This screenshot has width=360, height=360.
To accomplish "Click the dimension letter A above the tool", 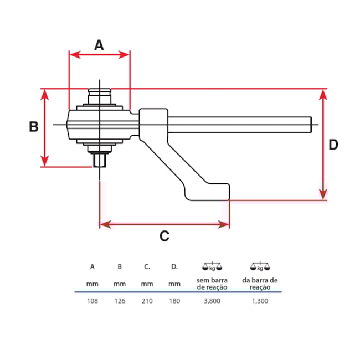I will coord(99,45).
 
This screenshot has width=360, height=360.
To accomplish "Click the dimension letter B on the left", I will coord(34,127).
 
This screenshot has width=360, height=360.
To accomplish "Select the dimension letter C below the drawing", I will coord(164,236).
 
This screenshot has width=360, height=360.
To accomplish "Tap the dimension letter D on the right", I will coord(333,145).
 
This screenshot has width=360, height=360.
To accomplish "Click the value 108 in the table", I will coord(92,301).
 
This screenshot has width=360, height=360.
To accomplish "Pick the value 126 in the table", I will coord(120,301).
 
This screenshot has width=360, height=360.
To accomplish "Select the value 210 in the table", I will coord(147,301).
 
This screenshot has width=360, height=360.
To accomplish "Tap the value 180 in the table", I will coord(174,301).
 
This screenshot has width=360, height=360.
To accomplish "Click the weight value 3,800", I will coord(212,301).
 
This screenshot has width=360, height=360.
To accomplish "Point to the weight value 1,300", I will coord(260,301).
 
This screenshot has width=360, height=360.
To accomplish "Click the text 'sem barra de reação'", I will coord(212,284).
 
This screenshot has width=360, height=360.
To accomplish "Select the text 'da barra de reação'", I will coord(260,284).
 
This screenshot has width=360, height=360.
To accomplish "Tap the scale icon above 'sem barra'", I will coord(212,266).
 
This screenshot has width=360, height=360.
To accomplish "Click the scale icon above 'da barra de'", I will coord(260,266).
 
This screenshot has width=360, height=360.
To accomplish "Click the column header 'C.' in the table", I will coord(147,266).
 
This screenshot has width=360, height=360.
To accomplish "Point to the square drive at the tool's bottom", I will coord(100,161).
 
